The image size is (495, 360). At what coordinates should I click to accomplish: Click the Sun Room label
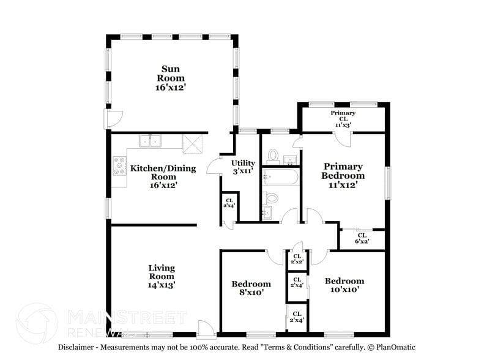tap(171, 78)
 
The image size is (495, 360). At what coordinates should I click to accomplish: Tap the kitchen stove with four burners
tap(120, 166)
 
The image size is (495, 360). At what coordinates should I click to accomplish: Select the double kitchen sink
tap(150, 141)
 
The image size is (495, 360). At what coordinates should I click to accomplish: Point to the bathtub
tap(281, 177)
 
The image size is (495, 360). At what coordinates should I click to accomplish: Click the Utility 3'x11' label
tap(243, 167)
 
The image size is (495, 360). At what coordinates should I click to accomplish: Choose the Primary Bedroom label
tap(343, 176)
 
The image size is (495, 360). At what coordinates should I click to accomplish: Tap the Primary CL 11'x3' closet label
tap(343, 119)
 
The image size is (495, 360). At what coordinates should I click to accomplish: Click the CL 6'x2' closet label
tap(362, 238)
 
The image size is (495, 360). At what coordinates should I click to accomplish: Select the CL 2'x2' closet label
tap(297, 259)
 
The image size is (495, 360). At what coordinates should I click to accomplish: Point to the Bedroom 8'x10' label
tap(251, 288)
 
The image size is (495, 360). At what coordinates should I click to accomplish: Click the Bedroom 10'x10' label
tap(344, 285)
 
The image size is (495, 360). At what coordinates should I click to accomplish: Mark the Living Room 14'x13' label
tap(162, 277)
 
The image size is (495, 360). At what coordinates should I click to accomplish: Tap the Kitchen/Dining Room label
tap(163, 176)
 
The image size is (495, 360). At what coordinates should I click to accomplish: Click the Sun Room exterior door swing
tap(114, 119)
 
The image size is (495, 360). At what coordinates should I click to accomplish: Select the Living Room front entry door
tap(207, 329)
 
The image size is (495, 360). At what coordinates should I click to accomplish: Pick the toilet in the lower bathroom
tap(270, 198)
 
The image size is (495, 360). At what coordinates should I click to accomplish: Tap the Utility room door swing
tap(214, 165)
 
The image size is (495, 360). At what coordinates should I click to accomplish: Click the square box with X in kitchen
tap(192, 144)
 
